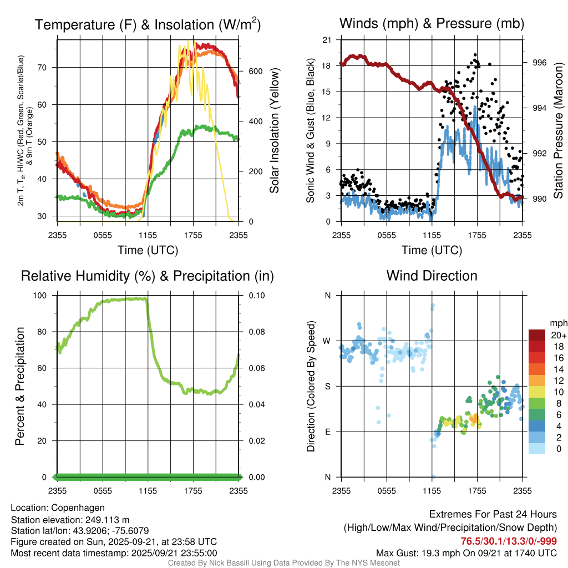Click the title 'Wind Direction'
432,276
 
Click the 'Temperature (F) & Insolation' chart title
148,25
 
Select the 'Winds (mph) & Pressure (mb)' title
432,23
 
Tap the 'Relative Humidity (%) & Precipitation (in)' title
148,276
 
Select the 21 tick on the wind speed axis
327,40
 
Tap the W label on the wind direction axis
327,341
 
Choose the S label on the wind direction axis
328,386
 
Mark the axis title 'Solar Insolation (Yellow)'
275,131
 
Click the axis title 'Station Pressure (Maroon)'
558,131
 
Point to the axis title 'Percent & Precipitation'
19,386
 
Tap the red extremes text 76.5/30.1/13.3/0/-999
509,541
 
